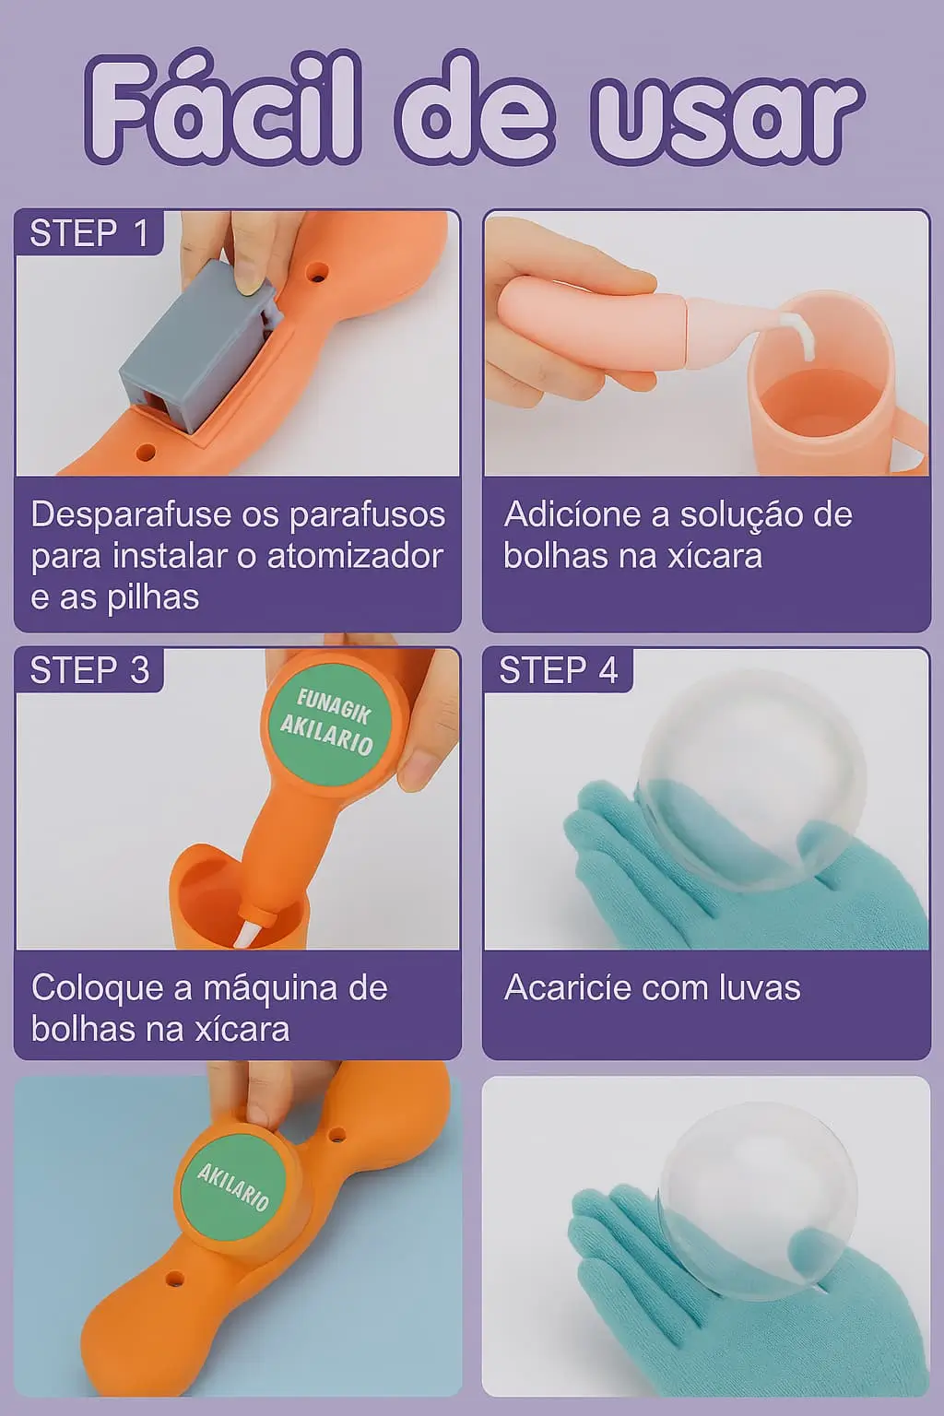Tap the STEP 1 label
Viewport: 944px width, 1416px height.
(89, 232)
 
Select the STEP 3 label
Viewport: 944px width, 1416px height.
(89, 669)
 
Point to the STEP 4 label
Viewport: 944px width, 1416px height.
(559, 669)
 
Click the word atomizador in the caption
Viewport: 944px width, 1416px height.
(355, 556)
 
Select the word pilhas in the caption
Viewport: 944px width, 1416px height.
(153, 598)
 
